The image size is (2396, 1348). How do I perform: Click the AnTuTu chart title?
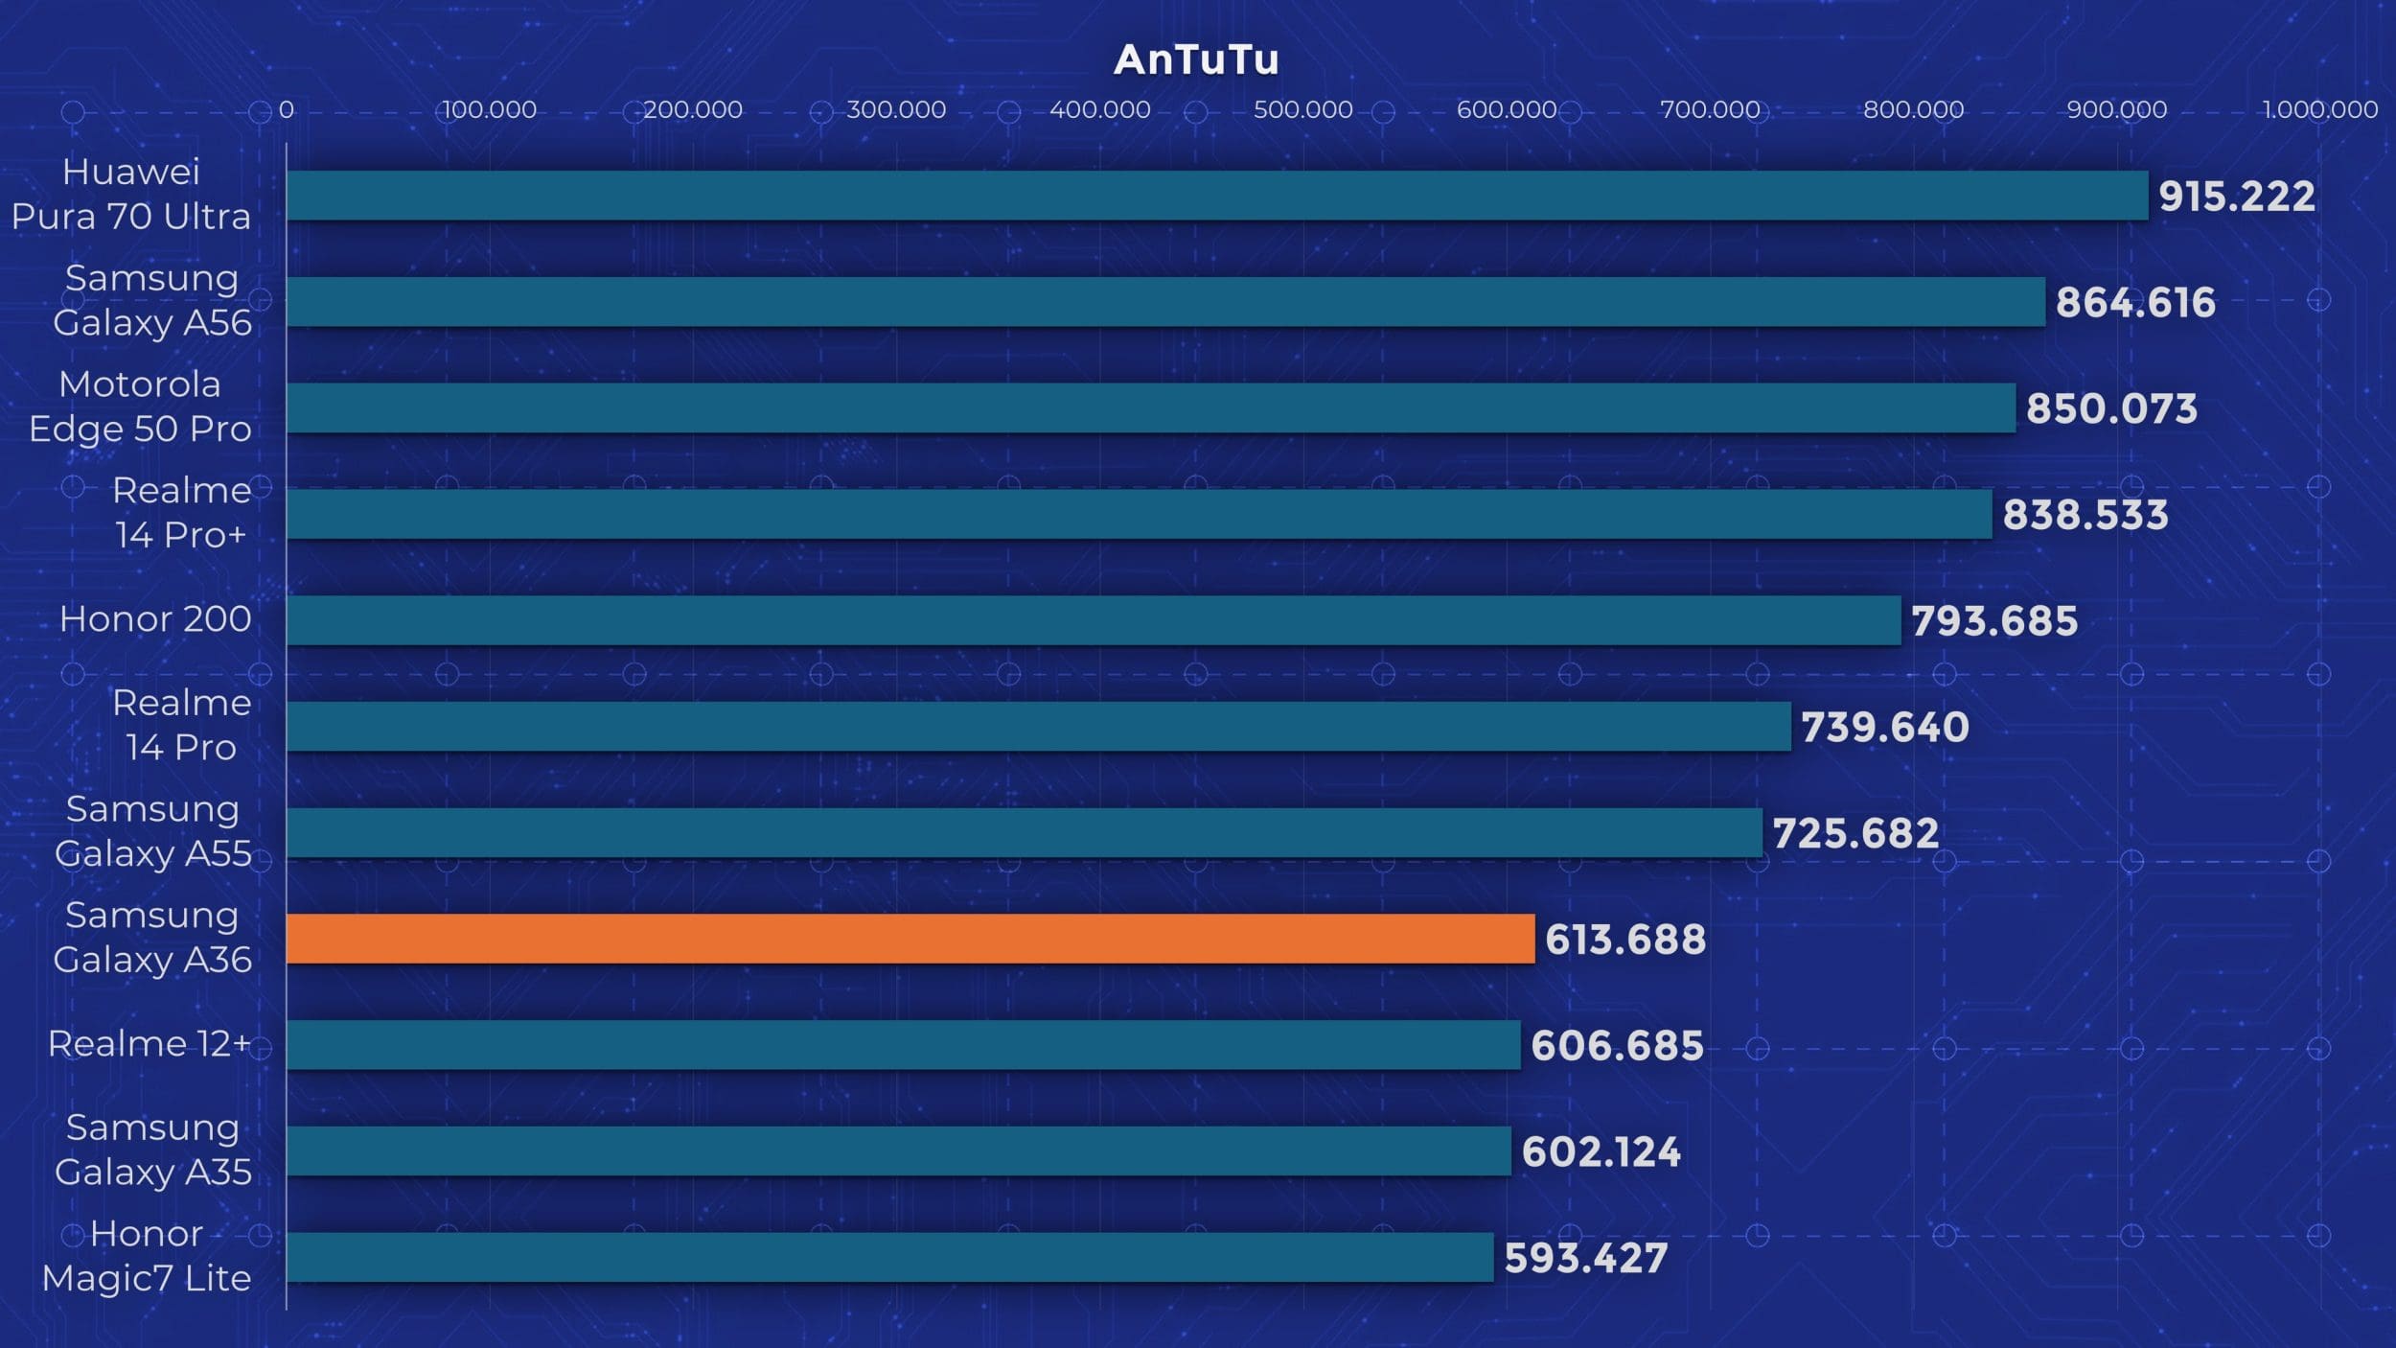coord(1196,59)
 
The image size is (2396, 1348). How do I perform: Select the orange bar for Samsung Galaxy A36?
coord(910,939)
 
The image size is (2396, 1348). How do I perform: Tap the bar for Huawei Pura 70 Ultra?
coord(1216,196)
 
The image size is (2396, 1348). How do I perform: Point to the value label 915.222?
coord(2236,197)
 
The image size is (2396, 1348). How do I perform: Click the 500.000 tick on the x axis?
coord(1302,110)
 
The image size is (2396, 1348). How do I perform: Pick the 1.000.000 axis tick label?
coord(2319,110)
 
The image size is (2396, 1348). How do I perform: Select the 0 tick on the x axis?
coord(287,110)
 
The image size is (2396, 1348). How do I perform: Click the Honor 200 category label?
coord(155,619)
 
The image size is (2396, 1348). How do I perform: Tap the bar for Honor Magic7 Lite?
coord(889,1257)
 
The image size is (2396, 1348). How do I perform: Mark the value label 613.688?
coord(1625,940)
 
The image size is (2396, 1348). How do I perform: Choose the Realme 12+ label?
coord(150,1043)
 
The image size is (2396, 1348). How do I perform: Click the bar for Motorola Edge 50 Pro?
coord(1150,408)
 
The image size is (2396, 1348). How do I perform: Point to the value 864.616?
coord(2135,303)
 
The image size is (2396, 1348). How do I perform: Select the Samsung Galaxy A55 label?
coord(152,831)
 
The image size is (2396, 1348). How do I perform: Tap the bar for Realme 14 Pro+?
coord(1139,514)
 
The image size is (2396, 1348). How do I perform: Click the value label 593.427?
coord(1586,1258)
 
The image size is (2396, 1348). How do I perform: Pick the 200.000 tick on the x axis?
coord(692,110)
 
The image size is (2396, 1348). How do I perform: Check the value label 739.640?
coord(1884,727)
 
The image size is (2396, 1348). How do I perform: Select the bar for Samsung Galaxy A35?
coord(898,1150)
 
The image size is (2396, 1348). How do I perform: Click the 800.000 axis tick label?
coord(1913,110)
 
